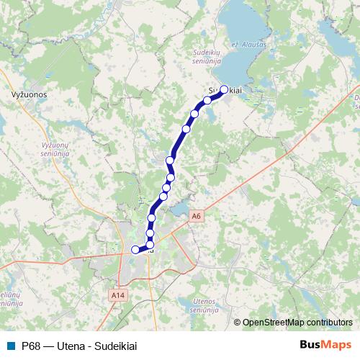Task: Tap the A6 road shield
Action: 197,215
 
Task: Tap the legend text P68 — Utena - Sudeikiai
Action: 79,346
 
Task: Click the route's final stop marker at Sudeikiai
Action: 224,89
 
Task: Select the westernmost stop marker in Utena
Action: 135,250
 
